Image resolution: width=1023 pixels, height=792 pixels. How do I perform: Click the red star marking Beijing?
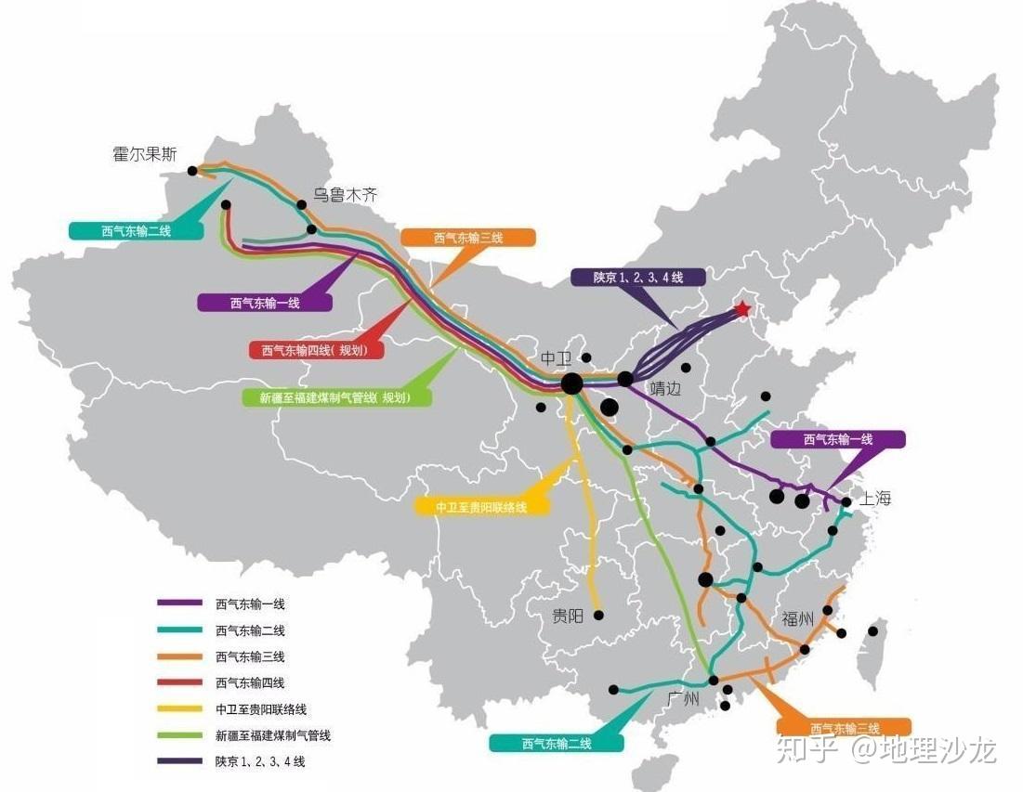(x=741, y=309)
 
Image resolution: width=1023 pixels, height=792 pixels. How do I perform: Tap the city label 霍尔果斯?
(x=144, y=155)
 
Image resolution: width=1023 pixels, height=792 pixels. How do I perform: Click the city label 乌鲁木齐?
(x=345, y=195)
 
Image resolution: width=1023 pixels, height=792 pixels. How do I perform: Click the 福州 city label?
(x=798, y=620)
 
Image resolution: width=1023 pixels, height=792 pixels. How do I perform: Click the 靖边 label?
(x=665, y=389)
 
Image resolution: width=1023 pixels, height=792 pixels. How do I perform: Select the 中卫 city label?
(x=557, y=358)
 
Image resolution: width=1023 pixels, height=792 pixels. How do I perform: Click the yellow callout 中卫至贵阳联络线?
(x=481, y=507)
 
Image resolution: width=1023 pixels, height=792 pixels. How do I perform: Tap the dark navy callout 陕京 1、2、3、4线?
(x=638, y=277)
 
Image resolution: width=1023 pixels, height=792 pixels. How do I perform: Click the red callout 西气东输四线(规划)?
(x=316, y=351)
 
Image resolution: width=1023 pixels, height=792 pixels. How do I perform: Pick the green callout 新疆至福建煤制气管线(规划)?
(x=338, y=397)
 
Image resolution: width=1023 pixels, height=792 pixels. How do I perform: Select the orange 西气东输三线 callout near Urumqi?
(x=468, y=238)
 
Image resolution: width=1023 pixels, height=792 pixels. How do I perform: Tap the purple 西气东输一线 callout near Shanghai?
(x=837, y=439)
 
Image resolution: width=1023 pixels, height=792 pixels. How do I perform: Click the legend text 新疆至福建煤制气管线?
(x=273, y=735)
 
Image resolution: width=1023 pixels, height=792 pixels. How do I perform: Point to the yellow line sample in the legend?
(x=179, y=709)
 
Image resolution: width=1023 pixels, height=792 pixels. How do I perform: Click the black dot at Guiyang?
(x=598, y=615)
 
